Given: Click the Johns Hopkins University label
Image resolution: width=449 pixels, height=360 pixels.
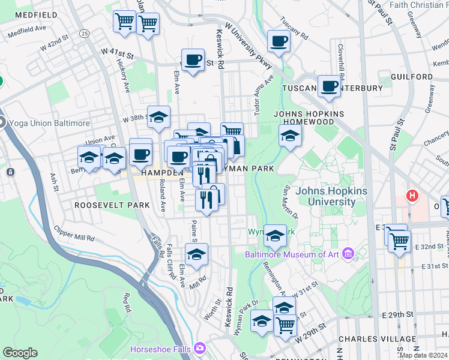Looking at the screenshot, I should pyautogui.click(x=334, y=196).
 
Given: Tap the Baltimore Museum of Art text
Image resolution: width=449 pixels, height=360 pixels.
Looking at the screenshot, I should pyautogui.click(x=292, y=254).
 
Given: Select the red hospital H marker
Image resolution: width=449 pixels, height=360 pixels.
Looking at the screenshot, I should pyautogui.click(x=412, y=196).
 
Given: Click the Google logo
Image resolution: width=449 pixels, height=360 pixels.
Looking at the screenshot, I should pyautogui.click(x=20, y=352).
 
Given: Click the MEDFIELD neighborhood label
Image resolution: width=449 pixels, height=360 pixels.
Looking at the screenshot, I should pyautogui.click(x=31, y=14).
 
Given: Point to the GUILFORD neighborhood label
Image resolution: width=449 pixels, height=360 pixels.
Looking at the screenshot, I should pyautogui.click(x=411, y=77).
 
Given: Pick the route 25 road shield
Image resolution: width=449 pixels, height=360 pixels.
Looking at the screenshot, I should pyautogui.click(x=83, y=33).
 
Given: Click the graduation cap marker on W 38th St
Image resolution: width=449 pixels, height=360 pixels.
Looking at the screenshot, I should pyautogui.click(x=159, y=117).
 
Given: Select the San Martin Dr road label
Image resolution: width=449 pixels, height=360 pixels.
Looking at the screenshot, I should pyautogui.click(x=291, y=201).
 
